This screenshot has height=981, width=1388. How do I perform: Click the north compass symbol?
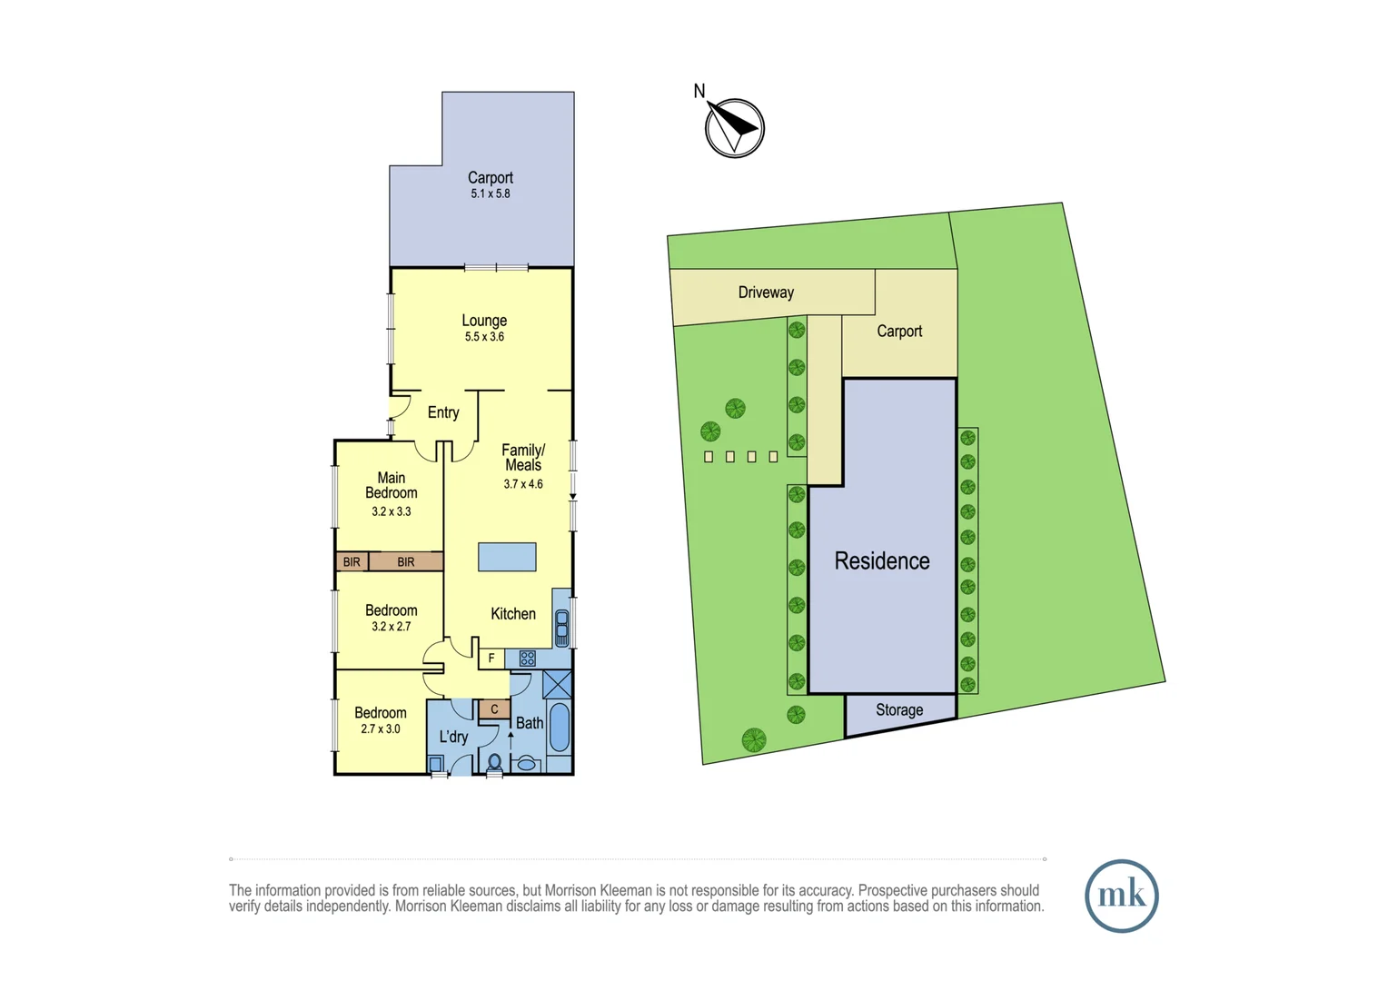(x=734, y=128)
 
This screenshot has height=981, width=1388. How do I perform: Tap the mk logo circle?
(x=1121, y=896)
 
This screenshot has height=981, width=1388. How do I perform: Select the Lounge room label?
(x=484, y=321)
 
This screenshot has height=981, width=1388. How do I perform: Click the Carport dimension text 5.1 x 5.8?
(x=491, y=193)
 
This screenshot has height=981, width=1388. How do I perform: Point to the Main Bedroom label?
(x=392, y=485)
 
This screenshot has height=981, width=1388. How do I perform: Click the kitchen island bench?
(x=507, y=557)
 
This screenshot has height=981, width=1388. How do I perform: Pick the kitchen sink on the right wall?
(x=561, y=628)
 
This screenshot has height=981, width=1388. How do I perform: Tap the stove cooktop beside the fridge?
(x=527, y=659)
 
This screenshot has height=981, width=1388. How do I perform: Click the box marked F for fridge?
(x=491, y=659)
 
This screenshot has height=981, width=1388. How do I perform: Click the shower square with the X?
(x=557, y=684)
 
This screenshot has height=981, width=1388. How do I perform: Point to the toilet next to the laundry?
(x=495, y=763)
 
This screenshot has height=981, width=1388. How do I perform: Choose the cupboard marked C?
(x=494, y=709)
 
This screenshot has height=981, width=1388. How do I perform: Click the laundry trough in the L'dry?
(x=436, y=765)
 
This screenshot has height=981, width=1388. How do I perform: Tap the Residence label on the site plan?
(x=882, y=561)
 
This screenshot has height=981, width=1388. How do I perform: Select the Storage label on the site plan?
(x=899, y=710)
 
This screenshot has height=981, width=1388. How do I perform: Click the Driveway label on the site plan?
(x=766, y=292)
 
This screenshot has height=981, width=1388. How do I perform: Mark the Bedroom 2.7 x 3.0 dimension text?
(x=381, y=728)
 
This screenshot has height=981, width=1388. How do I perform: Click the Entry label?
(x=443, y=412)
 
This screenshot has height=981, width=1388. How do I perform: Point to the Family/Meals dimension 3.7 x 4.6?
(x=523, y=484)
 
